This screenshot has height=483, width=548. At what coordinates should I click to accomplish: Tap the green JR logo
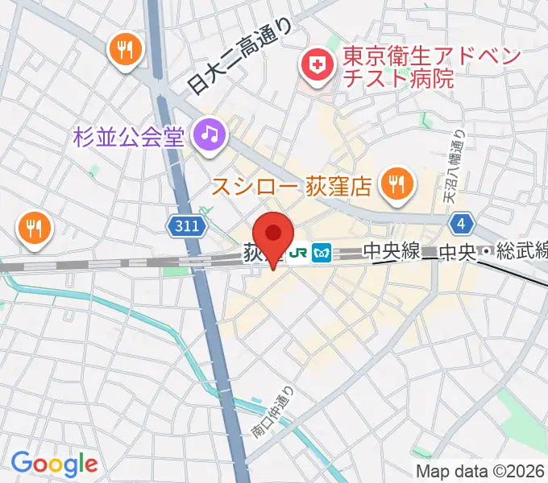299,253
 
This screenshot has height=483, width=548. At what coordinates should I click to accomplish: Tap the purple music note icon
209,132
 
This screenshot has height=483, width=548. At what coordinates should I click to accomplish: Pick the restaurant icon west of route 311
33,229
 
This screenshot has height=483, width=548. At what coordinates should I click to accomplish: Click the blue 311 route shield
185,228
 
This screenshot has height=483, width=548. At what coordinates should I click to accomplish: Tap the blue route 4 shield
461,223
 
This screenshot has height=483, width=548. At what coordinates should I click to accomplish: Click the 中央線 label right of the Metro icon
392,253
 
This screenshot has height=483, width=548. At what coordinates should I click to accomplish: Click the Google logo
54,464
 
